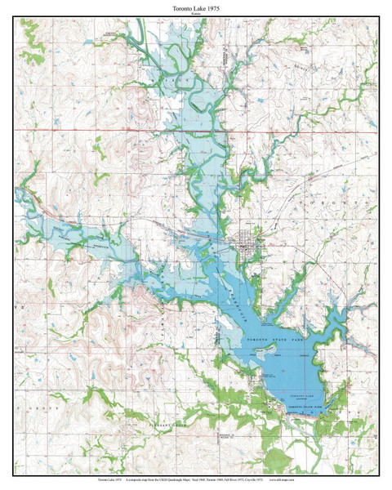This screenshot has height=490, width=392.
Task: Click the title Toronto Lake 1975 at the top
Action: [x=196, y=7]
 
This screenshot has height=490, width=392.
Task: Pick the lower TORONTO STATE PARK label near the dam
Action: [x=305, y=405]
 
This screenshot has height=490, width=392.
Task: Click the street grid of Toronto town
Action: [x=244, y=243]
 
